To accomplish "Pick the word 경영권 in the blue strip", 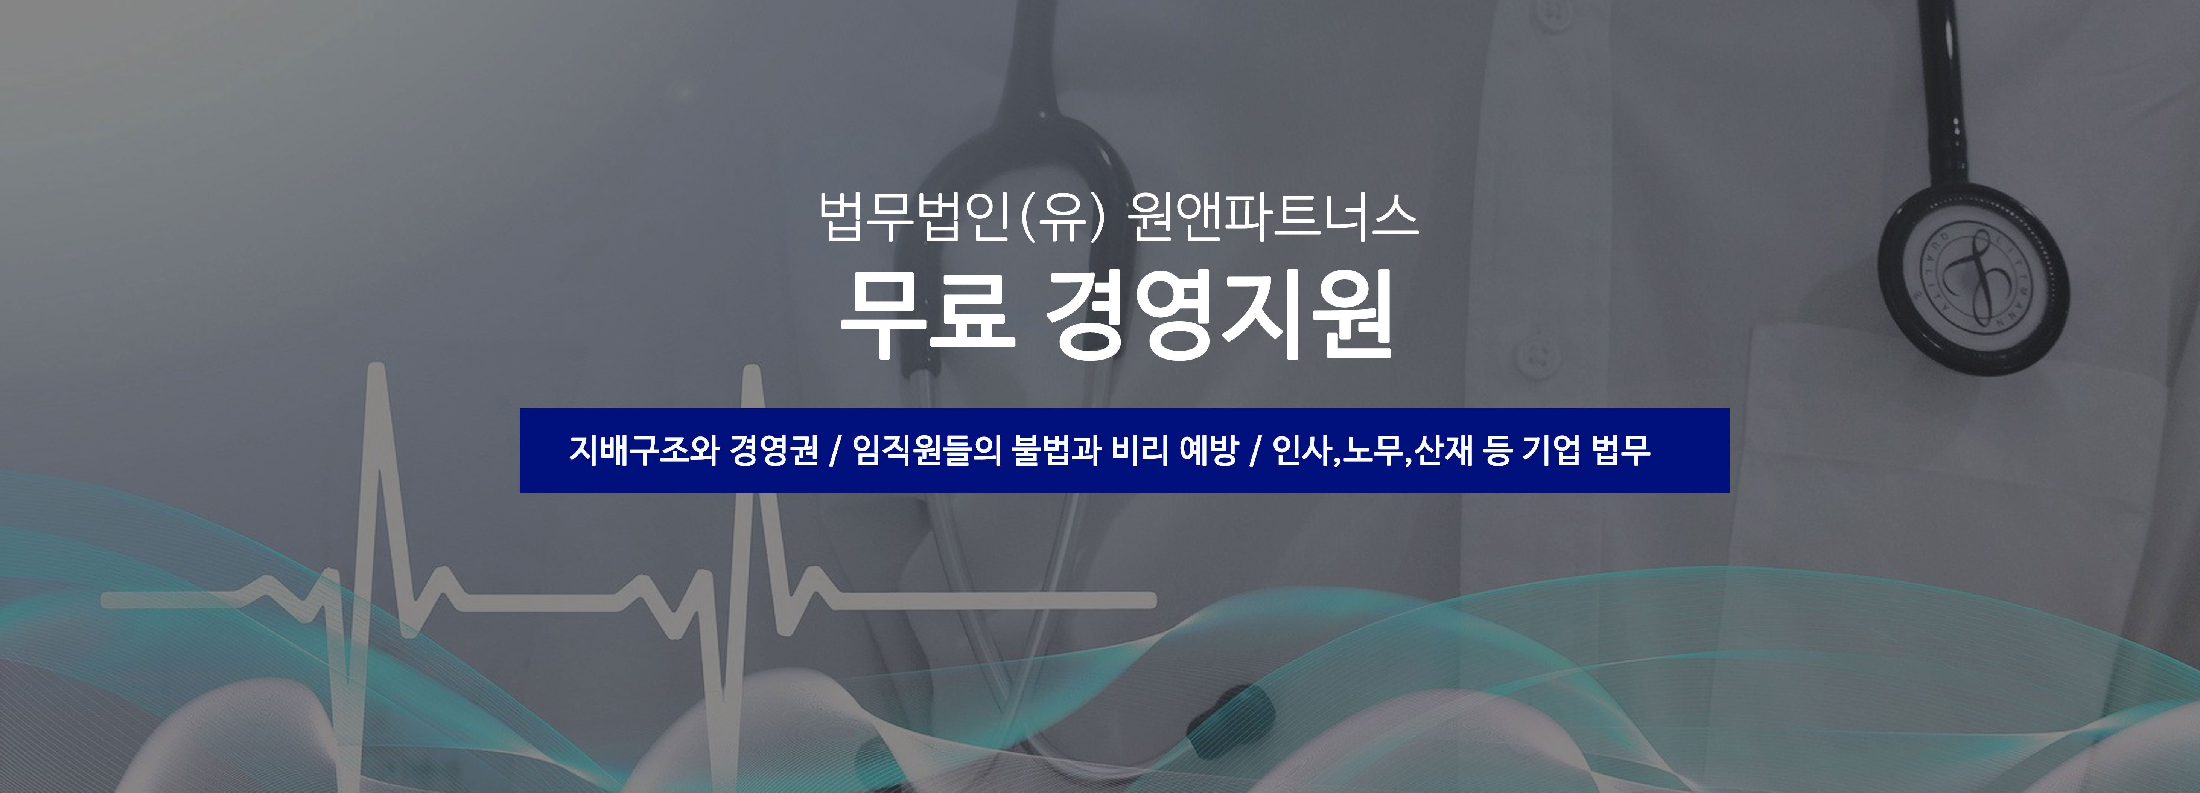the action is tap(774, 450).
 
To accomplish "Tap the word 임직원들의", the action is tap(927, 450).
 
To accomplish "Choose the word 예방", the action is tap(1208, 450).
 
